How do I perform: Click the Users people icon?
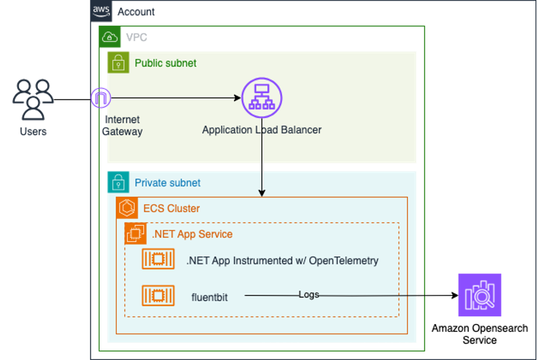coord(33,100)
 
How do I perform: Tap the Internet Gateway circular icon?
coord(102,98)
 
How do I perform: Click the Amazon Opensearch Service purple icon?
coord(479,295)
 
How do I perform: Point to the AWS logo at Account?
coord(101,10)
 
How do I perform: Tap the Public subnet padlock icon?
coord(118,62)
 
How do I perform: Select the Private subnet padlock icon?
coord(118,183)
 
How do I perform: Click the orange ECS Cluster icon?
coord(127,208)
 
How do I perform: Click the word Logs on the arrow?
coord(309,294)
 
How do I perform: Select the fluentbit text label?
coord(209,297)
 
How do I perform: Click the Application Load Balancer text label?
coord(261,130)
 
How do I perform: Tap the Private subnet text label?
coord(167,183)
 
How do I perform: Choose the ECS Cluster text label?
coord(171,208)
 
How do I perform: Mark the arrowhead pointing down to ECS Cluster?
coord(261,193)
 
